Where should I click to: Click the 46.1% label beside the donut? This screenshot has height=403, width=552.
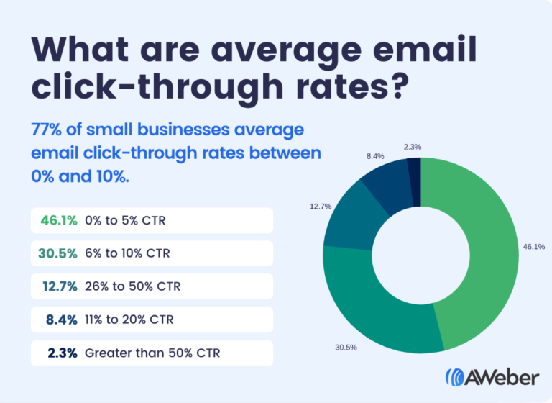pos(534,247)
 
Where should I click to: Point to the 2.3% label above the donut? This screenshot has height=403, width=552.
pos(413,147)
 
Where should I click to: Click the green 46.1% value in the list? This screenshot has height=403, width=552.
pos(59,220)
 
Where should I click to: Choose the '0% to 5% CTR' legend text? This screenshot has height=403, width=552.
pos(125,220)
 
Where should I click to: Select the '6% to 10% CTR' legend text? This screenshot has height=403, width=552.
pos(128,253)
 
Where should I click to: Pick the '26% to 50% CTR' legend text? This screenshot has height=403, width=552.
pos(132,286)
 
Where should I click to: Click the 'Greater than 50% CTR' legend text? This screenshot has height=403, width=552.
pos(152,353)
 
